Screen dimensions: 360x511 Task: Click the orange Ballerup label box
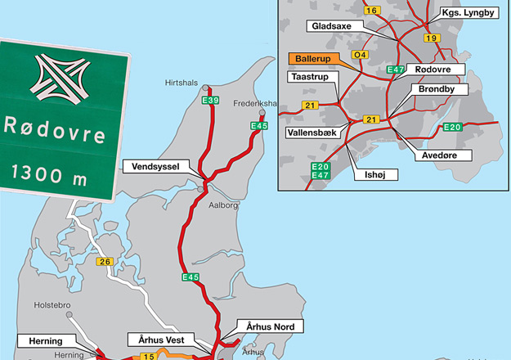point(315,59)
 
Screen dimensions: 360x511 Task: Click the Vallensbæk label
point(314,132)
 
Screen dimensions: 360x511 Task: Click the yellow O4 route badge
point(360,55)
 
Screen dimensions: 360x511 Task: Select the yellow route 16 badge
point(372,10)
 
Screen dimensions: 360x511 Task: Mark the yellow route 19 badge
point(433,38)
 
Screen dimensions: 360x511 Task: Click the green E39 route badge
point(211,100)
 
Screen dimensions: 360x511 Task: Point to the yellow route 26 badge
point(104,262)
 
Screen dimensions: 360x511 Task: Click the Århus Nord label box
point(269,326)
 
